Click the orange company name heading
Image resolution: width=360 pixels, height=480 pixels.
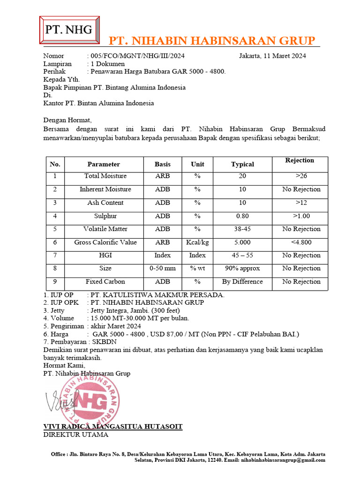pos(212,40)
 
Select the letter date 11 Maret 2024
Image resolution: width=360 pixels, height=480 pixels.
pos(272,56)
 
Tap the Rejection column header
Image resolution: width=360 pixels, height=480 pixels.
pos(300,160)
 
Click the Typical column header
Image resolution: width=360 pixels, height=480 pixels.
pos(242,164)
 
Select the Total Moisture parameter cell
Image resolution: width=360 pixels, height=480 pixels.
pos(105,176)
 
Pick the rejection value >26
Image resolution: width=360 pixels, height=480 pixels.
pos(301,176)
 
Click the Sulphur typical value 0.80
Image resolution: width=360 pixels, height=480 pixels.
pos(242,216)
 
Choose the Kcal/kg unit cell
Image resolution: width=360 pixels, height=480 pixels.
pos(197,242)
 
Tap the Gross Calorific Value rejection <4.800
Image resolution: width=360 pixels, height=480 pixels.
pos(301,242)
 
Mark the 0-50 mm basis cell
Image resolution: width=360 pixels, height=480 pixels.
pos(163,269)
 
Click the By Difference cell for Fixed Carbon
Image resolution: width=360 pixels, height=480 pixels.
pos(242,282)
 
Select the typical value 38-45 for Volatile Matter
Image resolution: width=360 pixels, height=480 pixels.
pos(242,229)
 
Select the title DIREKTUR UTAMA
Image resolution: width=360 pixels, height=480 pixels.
pos(75,435)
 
